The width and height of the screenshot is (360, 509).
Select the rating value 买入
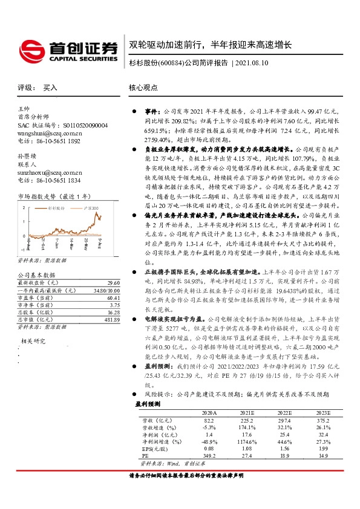[50, 88]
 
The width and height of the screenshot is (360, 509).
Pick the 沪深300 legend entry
[88, 207]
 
